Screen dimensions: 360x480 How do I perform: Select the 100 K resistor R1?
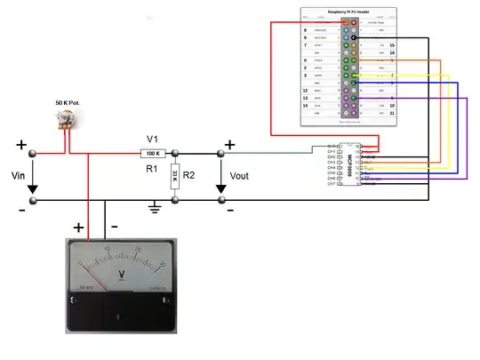152,153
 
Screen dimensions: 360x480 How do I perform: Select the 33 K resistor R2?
176,175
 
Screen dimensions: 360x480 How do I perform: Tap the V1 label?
152,139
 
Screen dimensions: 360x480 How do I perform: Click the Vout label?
240,176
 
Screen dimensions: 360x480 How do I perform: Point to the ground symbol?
154,208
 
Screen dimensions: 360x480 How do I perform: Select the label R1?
152,167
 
